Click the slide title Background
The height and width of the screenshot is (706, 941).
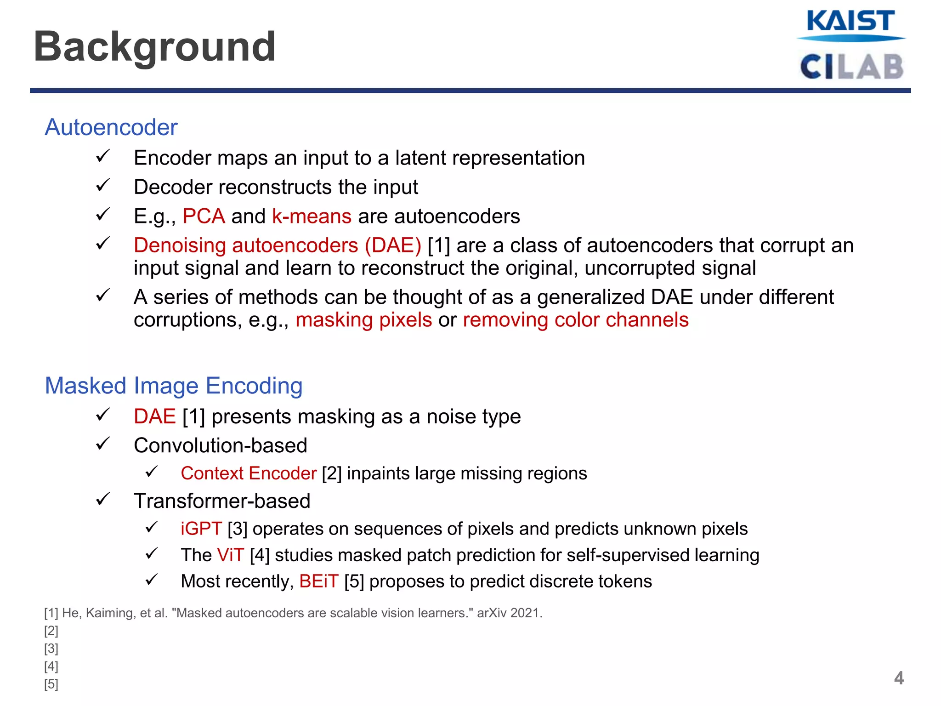point(154,46)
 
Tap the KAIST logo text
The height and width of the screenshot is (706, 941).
point(850,21)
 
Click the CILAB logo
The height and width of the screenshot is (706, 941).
point(851,67)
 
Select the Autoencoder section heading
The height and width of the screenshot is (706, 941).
point(111,127)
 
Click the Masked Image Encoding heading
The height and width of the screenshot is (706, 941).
point(173,386)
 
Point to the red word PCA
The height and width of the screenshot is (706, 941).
point(204,216)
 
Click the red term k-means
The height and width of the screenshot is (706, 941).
point(312,216)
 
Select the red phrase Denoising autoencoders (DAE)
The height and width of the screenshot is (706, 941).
point(277,245)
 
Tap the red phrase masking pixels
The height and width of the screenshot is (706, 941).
point(363,319)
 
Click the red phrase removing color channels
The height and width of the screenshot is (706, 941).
point(575,319)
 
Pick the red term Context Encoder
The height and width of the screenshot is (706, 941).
point(248,473)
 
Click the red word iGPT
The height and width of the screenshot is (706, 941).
point(201,529)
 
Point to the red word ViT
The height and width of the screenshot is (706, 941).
point(230,555)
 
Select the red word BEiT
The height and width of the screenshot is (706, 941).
point(318,581)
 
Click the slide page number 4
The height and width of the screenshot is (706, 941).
point(899,678)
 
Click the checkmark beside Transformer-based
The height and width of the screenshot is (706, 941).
point(102,500)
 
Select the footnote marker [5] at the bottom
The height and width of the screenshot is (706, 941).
point(51,684)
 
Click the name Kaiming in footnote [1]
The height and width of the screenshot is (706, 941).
point(110,613)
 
